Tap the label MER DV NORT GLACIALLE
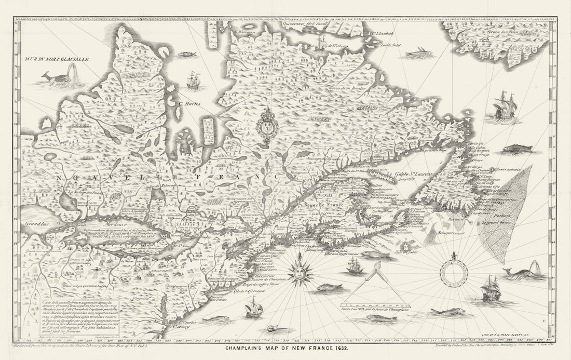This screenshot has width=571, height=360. coord(57,59)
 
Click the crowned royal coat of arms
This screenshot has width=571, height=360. coord(267,126)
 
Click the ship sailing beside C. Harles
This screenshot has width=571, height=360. coord(193,81)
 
